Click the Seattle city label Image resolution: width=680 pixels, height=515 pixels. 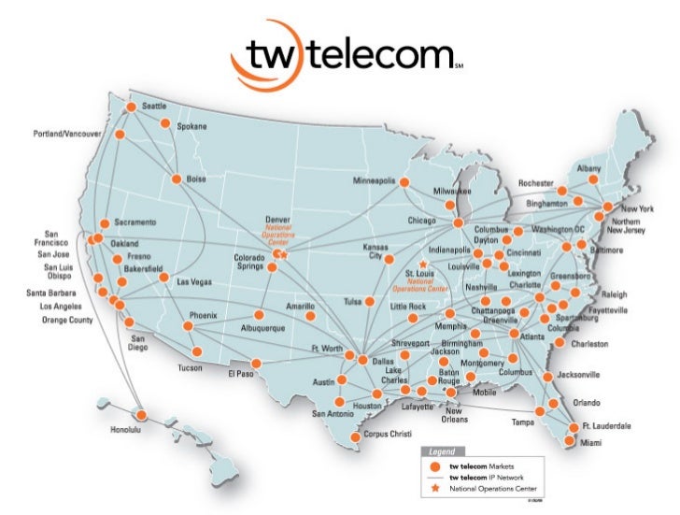click(x=154, y=106)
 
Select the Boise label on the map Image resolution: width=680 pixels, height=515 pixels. click(x=195, y=178)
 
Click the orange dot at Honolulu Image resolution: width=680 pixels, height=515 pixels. click(x=141, y=415)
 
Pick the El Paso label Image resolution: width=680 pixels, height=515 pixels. click(x=241, y=374)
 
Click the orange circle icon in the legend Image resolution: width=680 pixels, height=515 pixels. click(x=433, y=465)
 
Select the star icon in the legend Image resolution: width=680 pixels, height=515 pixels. click(x=433, y=487)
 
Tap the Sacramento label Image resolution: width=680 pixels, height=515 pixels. click(x=135, y=222)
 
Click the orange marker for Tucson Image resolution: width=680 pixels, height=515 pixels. click(x=195, y=351)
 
